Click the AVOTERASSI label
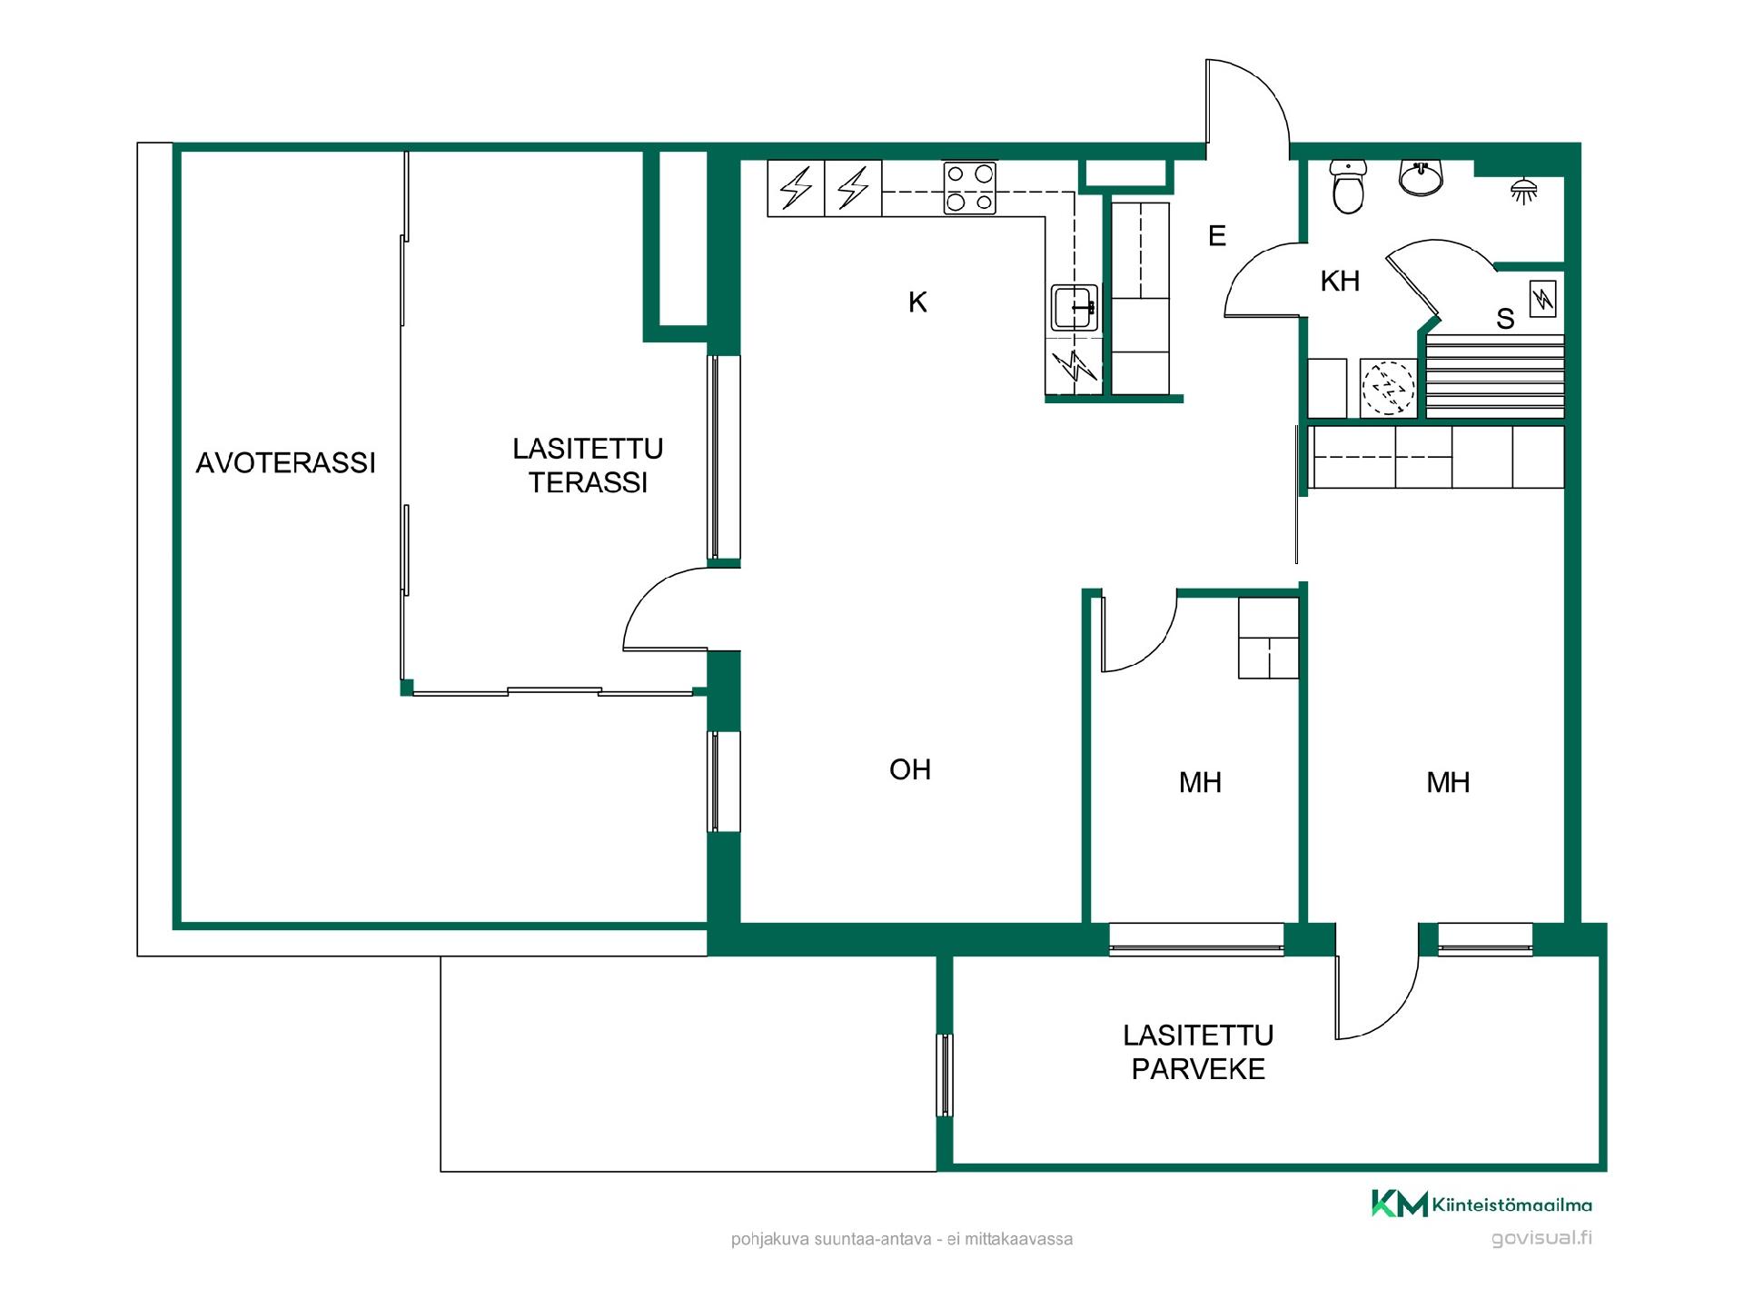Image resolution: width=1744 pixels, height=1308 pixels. pyautogui.click(x=285, y=463)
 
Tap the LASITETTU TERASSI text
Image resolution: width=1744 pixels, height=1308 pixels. pyautogui.click(x=588, y=465)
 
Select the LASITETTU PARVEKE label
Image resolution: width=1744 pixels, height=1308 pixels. pyautogui.click(x=1198, y=1052)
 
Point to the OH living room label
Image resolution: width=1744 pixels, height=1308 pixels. pyautogui.click(x=910, y=769)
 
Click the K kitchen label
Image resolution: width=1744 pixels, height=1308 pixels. pyautogui.click(x=917, y=302)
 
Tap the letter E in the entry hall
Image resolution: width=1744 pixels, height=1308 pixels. pyautogui.click(x=1217, y=236)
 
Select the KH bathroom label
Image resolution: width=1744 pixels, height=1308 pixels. pyautogui.click(x=1340, y=282)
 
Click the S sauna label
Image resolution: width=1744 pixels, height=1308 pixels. pyautogui.click(x=1505, y=319)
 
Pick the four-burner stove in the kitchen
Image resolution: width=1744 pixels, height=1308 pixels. pyautogui.click(x=969, y=188)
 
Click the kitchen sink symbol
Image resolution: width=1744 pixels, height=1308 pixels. pyautogui.click(x=1075, y=308)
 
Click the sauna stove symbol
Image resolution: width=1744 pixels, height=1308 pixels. pyautogui.click(x=1542, y=299)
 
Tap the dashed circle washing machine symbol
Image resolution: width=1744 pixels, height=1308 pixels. pyautogui.click(x=1388, y=389)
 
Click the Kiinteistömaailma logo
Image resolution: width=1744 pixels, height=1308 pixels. pyautogui.click(x=1481, y=1204)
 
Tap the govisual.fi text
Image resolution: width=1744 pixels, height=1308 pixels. pyautogui.click(x=1541, y=1238)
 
